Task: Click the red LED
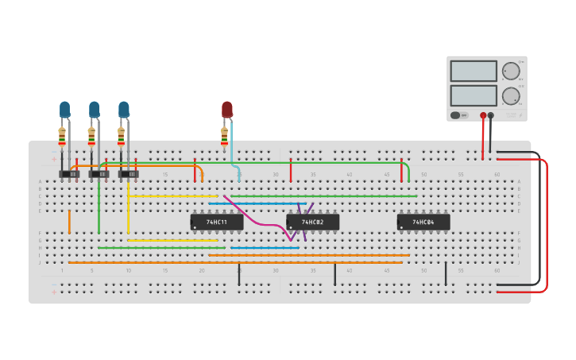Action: tap(227, 109)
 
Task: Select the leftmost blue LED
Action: tap(64, 109)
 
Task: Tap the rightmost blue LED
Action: tap(124, 109)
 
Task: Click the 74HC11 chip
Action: tap(217, 223)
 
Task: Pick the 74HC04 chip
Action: tap(423, 223)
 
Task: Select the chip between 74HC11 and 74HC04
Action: tap(312, 223)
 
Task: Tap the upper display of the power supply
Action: tap(474, 71)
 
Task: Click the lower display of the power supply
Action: tap(474, 95)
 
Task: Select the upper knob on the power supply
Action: tap(511, 71)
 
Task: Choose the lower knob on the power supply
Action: tap(511, 96)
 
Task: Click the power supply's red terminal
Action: tap(483, 116)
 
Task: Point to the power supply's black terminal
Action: tap(491, 116)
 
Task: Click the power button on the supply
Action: tap(456, 115)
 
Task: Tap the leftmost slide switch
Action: tap(69, 174)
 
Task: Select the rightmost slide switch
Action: tap(129, 174)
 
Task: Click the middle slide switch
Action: tap(99, 174)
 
